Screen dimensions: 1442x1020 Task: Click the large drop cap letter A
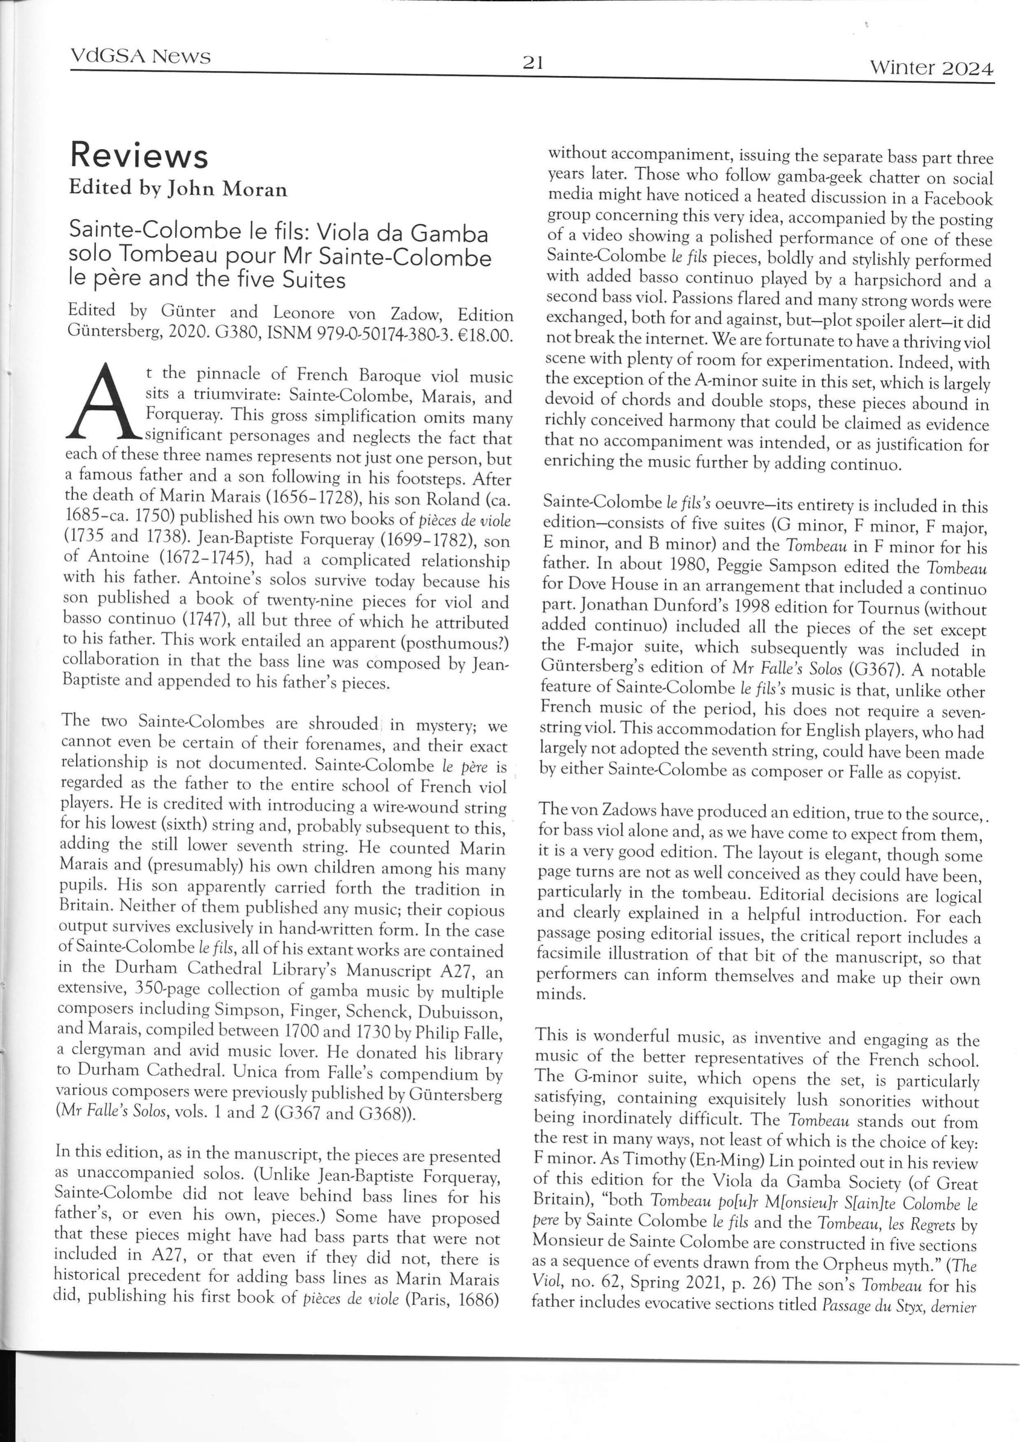click(x=100, y=403)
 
